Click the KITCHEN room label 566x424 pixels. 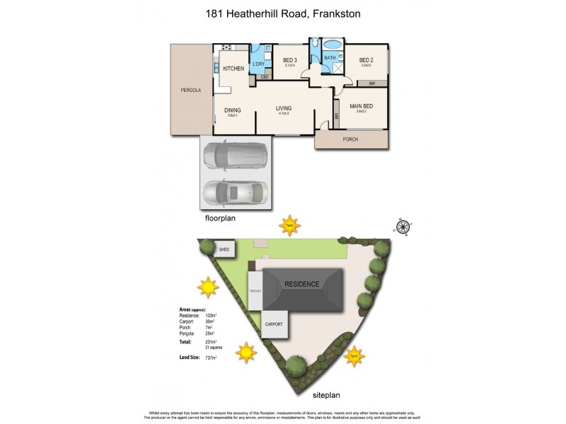[x=233, y=69]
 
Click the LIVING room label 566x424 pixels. [x=284, y=108]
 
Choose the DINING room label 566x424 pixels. [x=233, y=110]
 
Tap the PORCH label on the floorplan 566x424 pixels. [x=350, y=139]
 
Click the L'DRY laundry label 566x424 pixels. [x=259, y=64]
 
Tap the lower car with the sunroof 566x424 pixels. [x=235, y=192]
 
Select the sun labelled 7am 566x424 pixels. [x=289, y=225]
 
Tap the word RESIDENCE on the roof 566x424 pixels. [x=302, y=284]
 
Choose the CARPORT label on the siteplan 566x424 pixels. [x=274, y=324]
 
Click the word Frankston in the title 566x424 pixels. [x=344, y=13]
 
